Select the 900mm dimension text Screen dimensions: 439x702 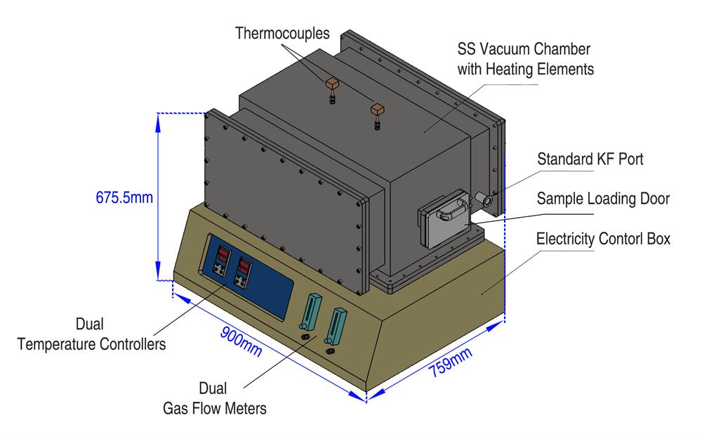239,340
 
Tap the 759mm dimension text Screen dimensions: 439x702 451,363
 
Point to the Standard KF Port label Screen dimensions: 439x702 590,159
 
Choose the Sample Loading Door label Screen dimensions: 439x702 602,199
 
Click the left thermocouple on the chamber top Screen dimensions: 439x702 331,86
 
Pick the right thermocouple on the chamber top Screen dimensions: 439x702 378,112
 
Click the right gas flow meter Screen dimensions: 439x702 337,327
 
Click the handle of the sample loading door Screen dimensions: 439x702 449,207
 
